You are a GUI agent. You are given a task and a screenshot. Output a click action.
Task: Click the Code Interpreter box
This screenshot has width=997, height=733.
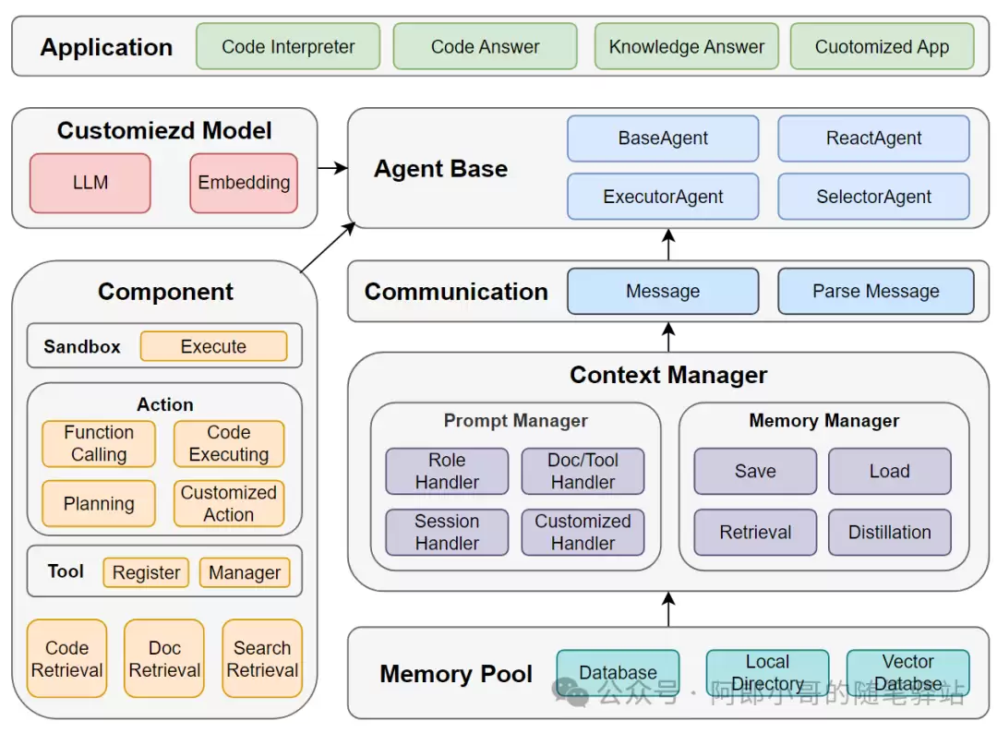[x=288, y=46]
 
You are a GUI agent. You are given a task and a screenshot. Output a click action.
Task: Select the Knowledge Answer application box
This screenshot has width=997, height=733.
[x=687, y=46]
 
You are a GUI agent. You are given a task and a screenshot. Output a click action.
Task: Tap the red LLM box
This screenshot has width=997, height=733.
[x=90, y=183]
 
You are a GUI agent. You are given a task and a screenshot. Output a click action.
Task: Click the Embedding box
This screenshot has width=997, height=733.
[x=244, y=183]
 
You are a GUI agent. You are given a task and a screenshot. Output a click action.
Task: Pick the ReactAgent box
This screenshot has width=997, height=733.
[x=873, y=138]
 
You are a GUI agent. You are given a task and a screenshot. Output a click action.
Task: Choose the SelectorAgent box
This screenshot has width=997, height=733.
[x=873, y=197]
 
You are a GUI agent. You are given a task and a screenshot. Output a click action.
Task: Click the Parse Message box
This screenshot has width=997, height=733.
[x=875, y=291]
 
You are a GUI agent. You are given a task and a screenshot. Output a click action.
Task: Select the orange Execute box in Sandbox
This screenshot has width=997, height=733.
[x=213, y=346]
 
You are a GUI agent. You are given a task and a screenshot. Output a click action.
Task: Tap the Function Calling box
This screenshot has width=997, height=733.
[x=99, y=444]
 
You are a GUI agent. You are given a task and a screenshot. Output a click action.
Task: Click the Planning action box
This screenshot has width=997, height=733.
[x=99, y=503]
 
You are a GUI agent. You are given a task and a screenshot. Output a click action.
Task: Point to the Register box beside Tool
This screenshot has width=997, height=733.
[x=146, y=572]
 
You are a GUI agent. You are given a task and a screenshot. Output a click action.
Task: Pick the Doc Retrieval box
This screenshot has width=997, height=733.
[x=164, y=658]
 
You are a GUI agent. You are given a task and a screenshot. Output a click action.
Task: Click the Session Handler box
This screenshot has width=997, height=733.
[x=447, y=532]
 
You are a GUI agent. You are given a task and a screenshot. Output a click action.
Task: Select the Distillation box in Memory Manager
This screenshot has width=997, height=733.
[x=890, y=532]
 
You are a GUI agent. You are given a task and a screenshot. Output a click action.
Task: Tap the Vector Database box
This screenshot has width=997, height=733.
[x=908, y=672]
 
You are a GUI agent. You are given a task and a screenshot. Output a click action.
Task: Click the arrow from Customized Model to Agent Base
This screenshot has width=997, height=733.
[x=332, y=168]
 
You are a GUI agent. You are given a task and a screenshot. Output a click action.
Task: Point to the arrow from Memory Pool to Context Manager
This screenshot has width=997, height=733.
[x=668, y=609]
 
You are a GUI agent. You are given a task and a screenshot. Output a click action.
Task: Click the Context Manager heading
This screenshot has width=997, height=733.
[x=668, y=375]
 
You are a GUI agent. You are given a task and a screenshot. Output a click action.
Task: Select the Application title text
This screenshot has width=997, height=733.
[x=106, y=47]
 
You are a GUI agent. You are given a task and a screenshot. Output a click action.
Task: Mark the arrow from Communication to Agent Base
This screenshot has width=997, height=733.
[x=668, y=244]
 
